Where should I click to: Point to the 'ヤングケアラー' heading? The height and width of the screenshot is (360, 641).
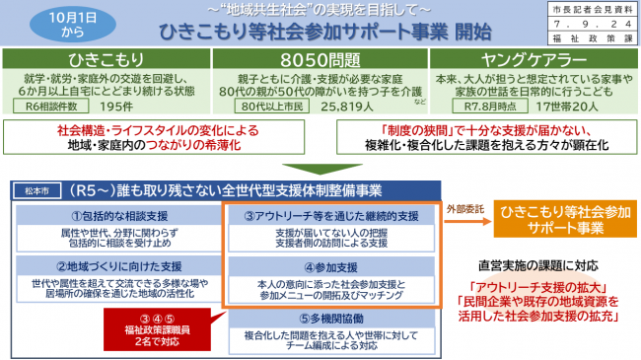point(534,58)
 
